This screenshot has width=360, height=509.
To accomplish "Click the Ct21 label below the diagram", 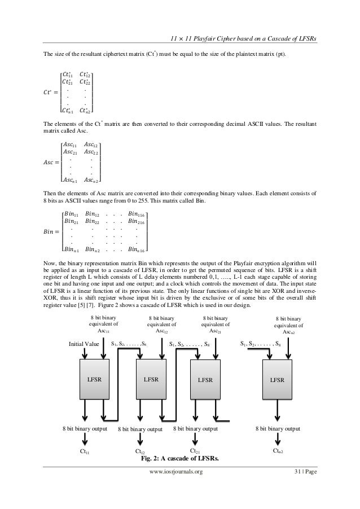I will point(196,451).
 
